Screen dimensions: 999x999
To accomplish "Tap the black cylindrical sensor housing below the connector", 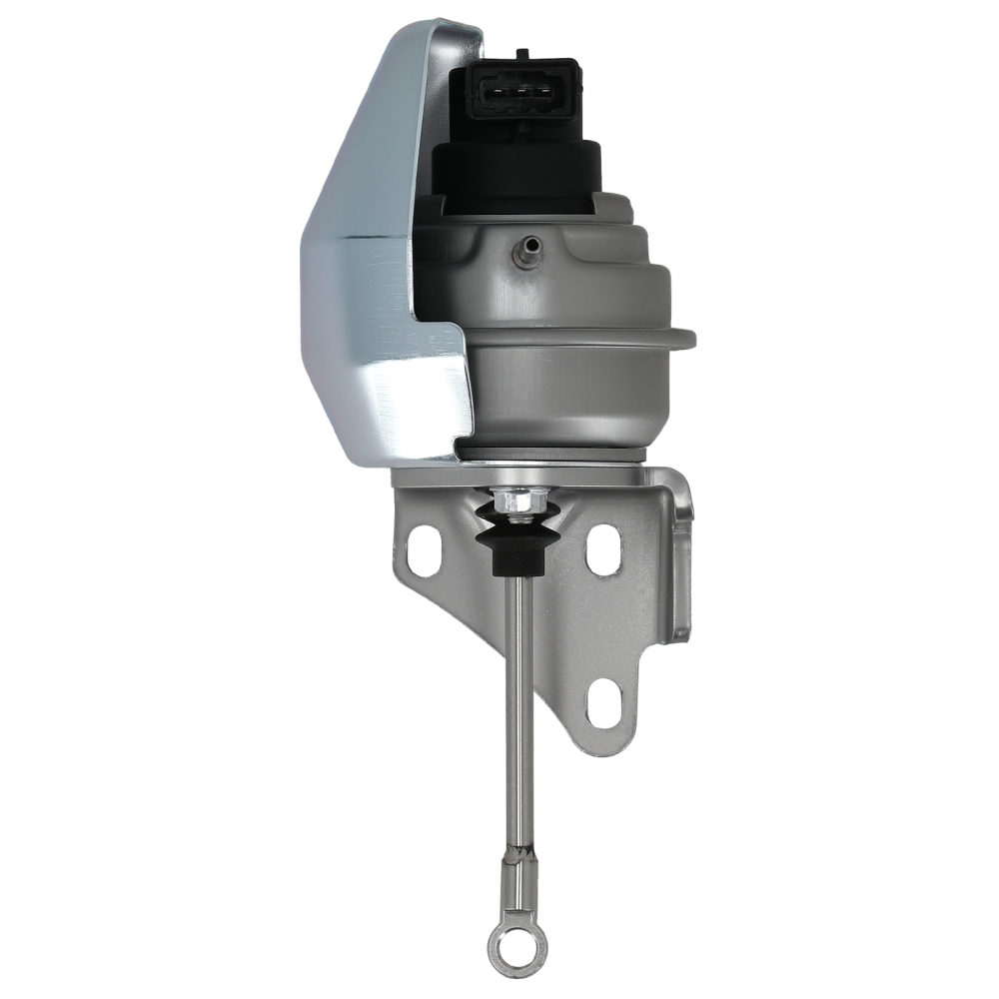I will (515, 170).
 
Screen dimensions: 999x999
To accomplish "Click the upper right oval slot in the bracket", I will (603, 548).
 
